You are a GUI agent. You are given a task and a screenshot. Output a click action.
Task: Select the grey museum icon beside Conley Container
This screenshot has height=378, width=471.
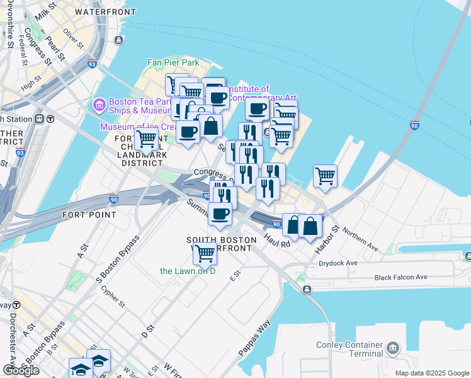pos(393,347)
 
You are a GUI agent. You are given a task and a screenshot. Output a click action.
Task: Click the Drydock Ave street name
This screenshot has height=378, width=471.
pos(338,263)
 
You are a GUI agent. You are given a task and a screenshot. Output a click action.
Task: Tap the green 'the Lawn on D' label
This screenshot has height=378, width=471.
pos(188,271)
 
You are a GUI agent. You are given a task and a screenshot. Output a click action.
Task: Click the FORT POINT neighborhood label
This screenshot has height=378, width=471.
pos(89,215)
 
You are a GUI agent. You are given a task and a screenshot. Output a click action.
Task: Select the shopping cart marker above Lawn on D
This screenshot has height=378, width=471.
pos(205,253)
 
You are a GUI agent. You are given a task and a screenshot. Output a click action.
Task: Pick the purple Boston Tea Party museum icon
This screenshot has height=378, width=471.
pos(99,104)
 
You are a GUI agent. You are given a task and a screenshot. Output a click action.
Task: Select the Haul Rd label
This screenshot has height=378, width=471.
pos(277,239)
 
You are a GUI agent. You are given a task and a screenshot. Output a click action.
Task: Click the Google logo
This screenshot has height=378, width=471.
pos(21,370)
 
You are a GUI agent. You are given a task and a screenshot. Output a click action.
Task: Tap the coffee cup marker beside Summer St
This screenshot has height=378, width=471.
pos(220,215)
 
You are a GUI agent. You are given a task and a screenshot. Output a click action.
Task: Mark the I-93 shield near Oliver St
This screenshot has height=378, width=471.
pos(92,64)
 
